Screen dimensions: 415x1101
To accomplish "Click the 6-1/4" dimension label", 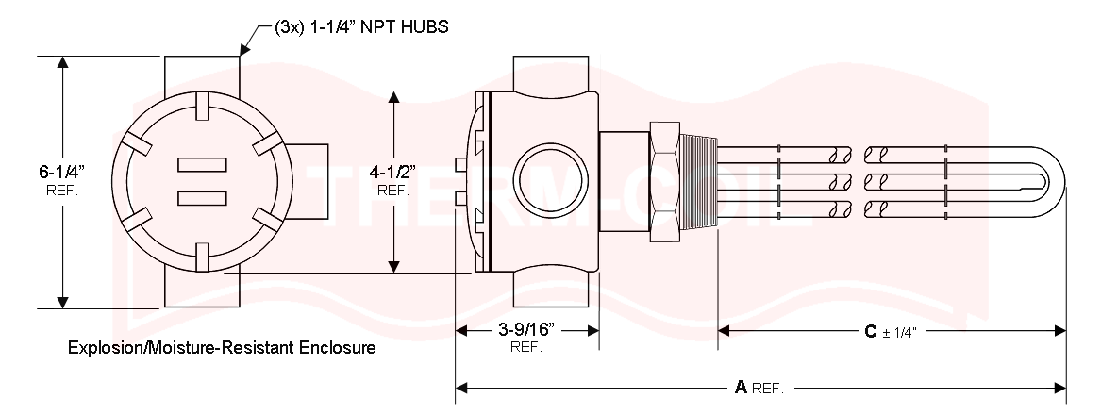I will [62, 172].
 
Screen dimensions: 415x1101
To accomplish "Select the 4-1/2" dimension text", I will [392, 172].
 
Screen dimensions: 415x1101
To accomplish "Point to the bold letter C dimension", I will [871, 331].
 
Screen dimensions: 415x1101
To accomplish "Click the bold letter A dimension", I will [741, 387].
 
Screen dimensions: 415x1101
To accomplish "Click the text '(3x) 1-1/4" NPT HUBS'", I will [361, 27].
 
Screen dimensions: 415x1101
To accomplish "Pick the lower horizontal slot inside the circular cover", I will [203, 197].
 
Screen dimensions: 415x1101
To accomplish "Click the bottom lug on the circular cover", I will [201, 255].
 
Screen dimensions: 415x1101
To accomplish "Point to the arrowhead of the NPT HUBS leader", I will [243, 53].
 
